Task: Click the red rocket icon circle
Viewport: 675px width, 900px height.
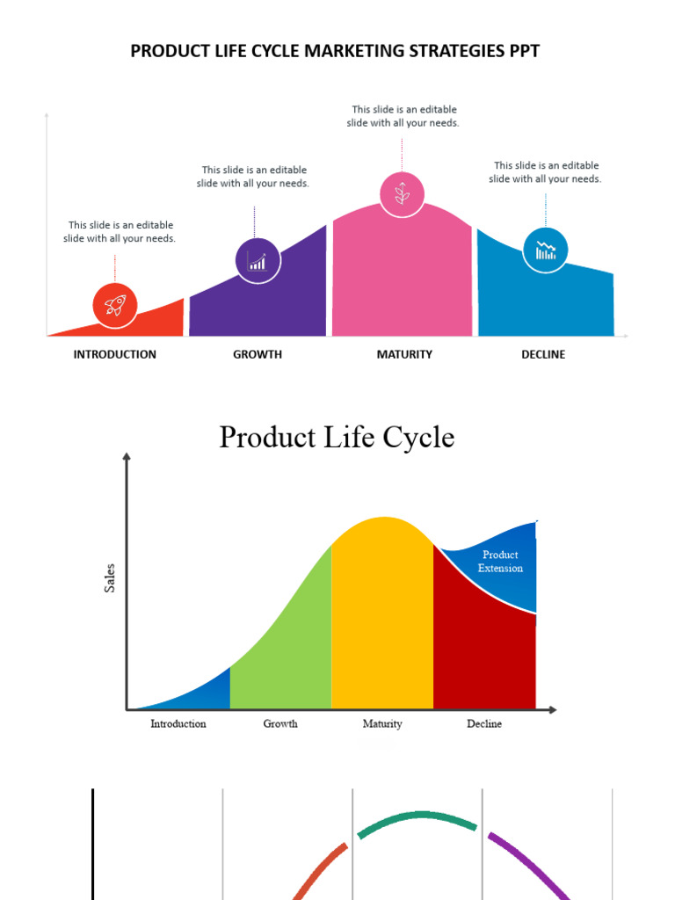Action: point(115,305)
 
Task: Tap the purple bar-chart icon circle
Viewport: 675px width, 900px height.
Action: point(258,260)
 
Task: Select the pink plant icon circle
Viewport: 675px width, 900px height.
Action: point(402,194)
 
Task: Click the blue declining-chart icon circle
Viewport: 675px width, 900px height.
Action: point(546,250)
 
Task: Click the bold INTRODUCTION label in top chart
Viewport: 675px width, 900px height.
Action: point(114,355)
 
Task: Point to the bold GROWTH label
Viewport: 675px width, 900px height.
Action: point(258,355)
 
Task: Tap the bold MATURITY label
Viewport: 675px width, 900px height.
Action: point(404,355)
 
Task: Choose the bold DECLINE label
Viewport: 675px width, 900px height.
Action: point(544,355)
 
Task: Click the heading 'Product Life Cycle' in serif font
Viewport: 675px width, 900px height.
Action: point(337,437)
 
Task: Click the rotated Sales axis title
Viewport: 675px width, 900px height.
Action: point(111,577)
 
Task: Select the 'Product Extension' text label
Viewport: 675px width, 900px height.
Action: point(500,562)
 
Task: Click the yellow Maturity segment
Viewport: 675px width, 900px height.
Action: point(382,615)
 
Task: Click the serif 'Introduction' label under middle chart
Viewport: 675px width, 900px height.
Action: point(178,724)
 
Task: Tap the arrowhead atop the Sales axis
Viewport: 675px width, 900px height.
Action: point(127,457)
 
